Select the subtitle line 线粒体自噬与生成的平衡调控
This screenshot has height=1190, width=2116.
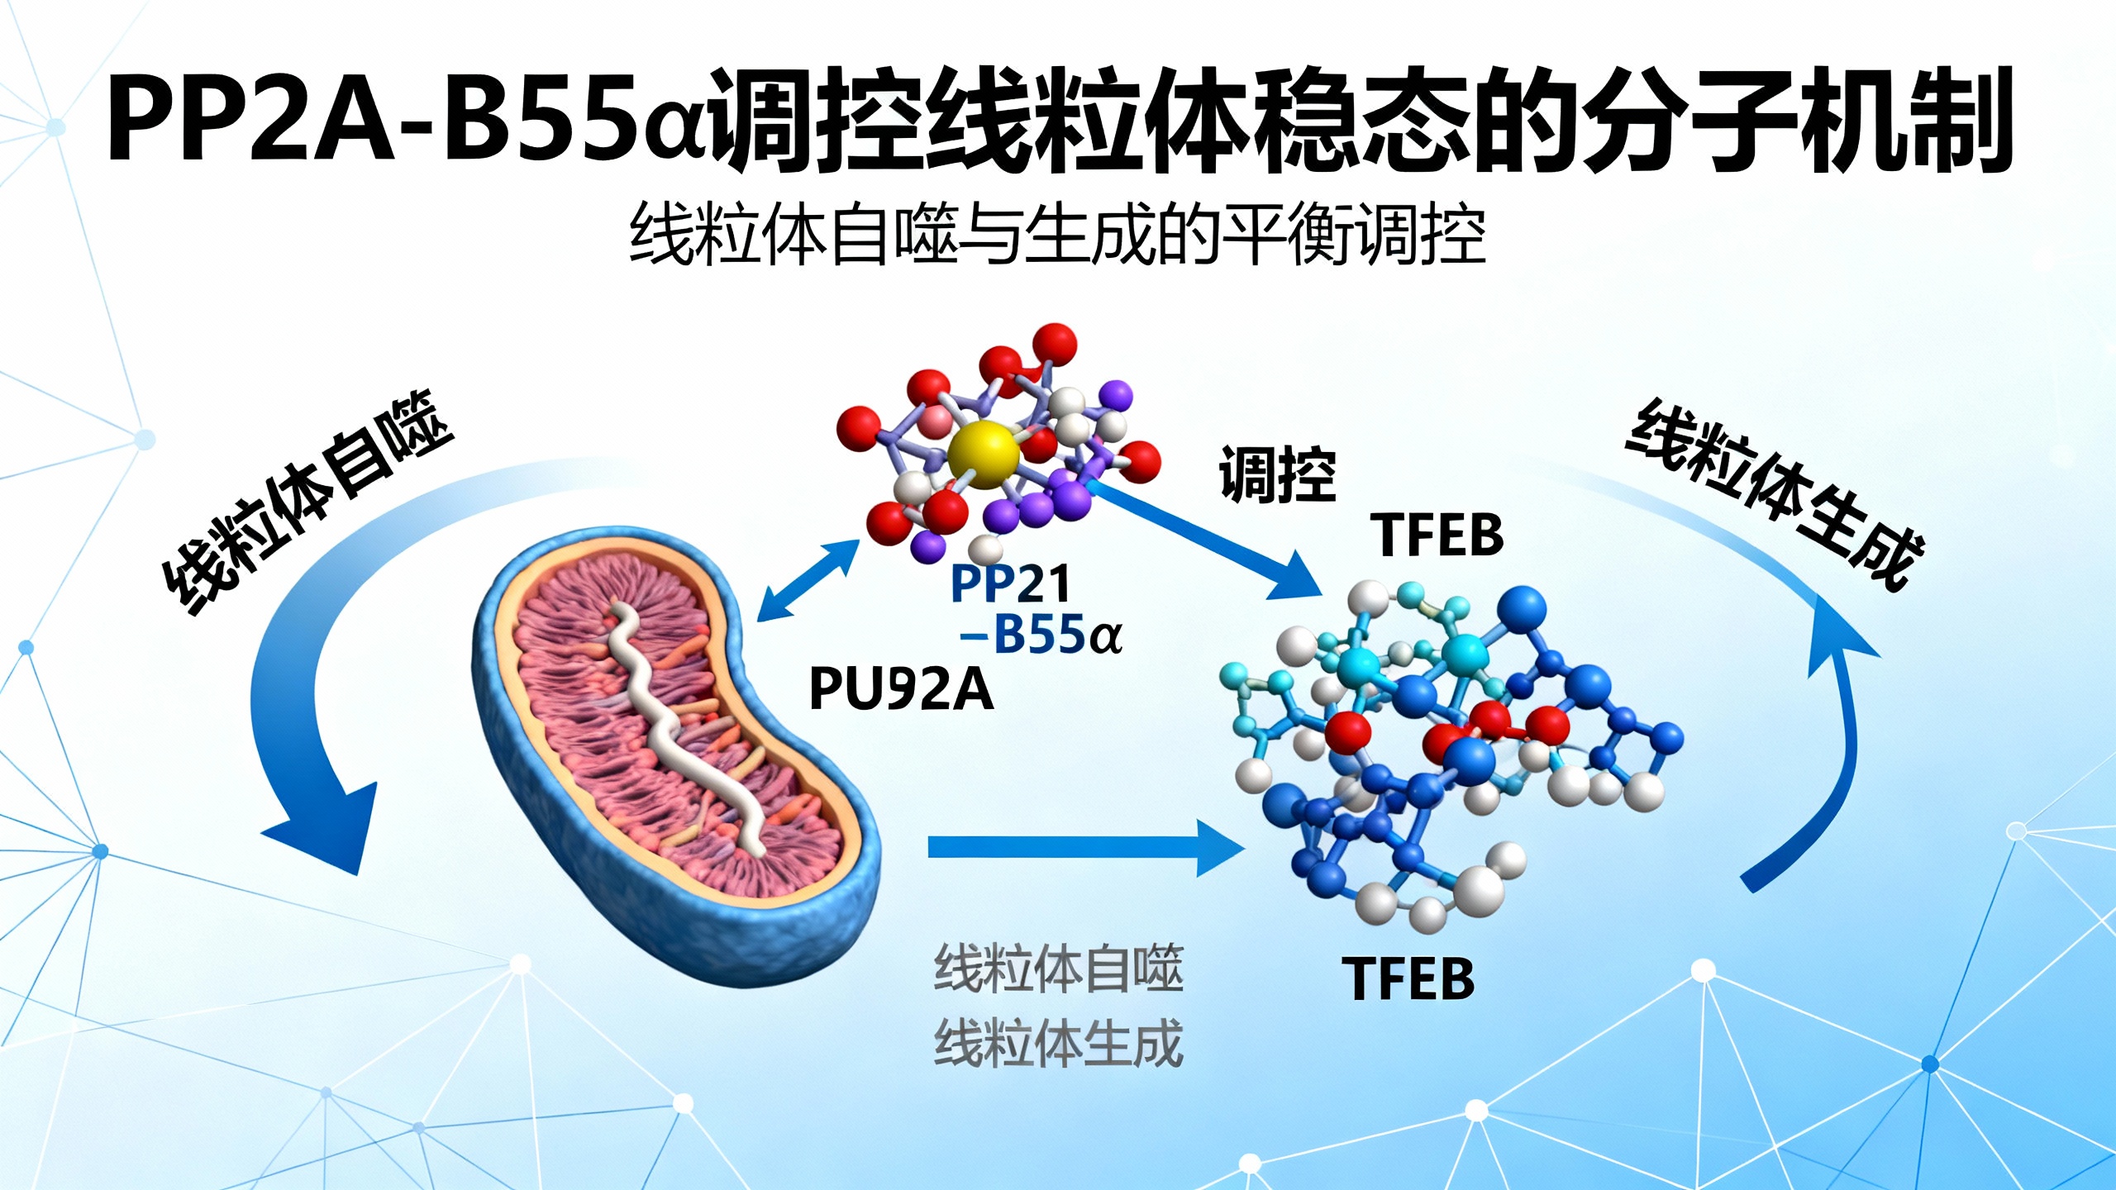pos(1058,235)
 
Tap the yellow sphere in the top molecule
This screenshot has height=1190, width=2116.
pos(983,453)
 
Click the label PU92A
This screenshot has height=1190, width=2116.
pos(900,688)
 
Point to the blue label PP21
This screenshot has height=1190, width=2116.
pos(1010,583)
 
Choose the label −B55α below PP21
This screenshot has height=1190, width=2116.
pos(1041,635)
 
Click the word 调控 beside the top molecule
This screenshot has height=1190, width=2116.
pos(1278,474)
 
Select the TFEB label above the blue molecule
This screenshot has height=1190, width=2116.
pos(1437,535)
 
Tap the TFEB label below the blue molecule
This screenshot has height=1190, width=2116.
pos(1408,978)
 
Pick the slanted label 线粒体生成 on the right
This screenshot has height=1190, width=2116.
pos(1775,494)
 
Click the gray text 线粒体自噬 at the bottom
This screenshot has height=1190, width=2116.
pos(1059,969)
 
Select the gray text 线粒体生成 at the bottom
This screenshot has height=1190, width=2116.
pos(1059,1043)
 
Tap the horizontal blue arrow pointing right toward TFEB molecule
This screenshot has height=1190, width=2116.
pos(1087,848)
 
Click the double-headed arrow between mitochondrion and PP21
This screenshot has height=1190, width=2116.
pos(808,580)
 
